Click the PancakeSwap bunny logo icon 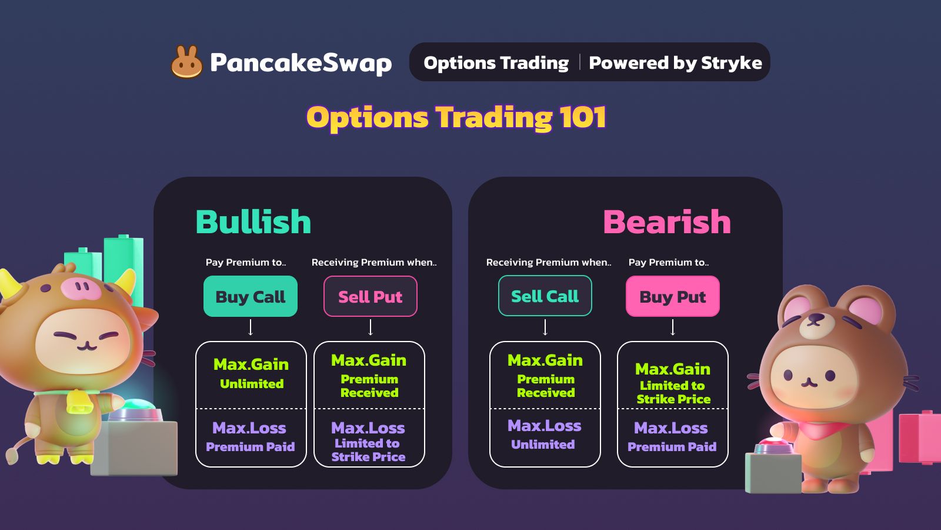pyautogui.click(x=186, y=62)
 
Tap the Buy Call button pyautogui.click(x=251, y=296)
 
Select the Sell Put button pyautogui.click(x=370, y=296)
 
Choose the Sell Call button pyautogui.click(x=545, y=296)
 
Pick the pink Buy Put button pyautogui.click(x=673, y=296)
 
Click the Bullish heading pyautogui.click(x=253, y=221)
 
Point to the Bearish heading pyautogui.click(x=667, y=221)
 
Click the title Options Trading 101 pyautogui.click(x=456, y=117)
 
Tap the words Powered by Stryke pyautogui.click(x=676, y=63)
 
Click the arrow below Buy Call pyautogui.click(x=251, y=327)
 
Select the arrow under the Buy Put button pyautogui.click(x=673, y=327)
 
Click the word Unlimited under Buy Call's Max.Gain pyautogui.click(x=252, y=383)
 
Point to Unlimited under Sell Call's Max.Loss pyautogui.click(x=543, y=444)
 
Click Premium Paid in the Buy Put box pyautogui.click(x=672, y=447)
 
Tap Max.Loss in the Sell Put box pyautogui.click(x=368, y=428)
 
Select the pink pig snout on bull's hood pyautogui.click(x=81, y=288)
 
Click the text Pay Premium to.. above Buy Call pyautogui.click(x=246, y=263)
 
